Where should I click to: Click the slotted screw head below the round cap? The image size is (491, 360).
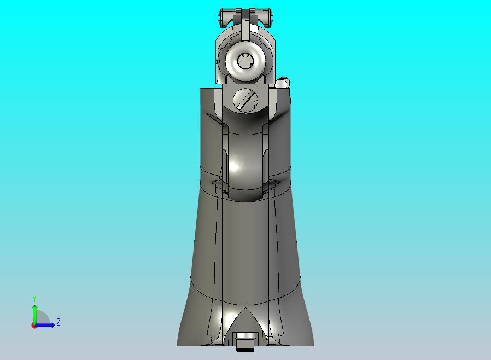(x=245, y=100)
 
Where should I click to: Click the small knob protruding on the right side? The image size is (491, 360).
(x=283, y=83)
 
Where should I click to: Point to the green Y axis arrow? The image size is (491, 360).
(x=34, y=312)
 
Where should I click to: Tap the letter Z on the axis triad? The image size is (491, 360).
(x=59, y=322)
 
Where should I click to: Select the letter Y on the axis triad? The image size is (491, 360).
(x=34, y=298)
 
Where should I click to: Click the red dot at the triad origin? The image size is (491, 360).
(x=34, y=326)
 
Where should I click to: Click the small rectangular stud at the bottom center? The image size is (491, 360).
(x=244, y=345)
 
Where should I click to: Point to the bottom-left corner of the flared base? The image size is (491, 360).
(x=178, y=345)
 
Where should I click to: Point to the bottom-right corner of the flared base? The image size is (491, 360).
(x=313, y=345)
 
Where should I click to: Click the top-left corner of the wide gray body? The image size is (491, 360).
(x=201, y=89)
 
